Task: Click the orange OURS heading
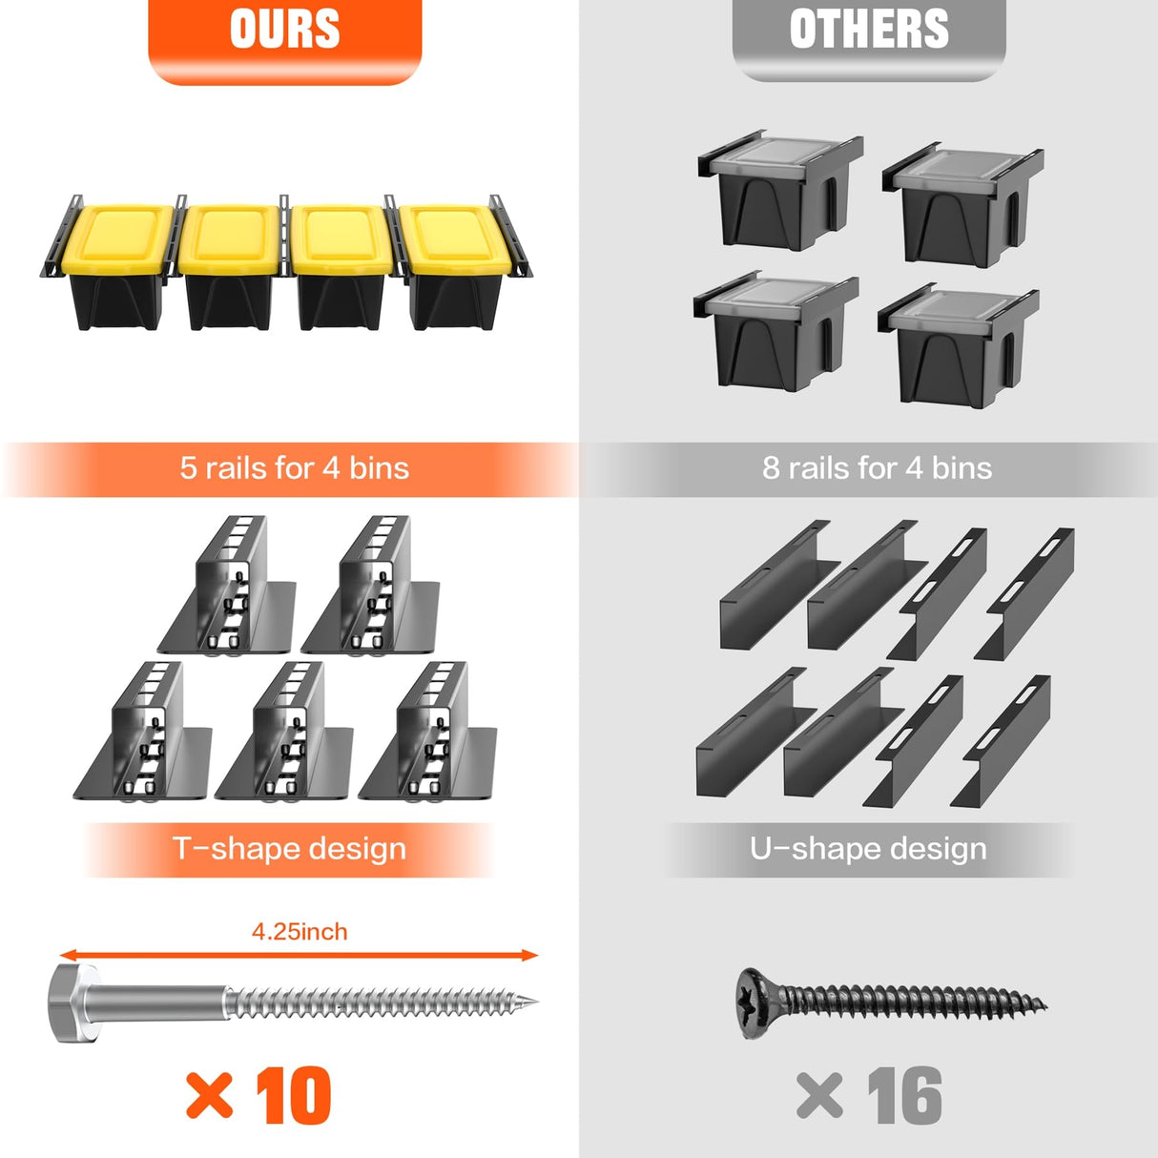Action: [x=285, y=29]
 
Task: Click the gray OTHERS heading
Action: [x=869, y=29]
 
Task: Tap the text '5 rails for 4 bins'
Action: [x=295, y=468]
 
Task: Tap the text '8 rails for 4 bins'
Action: [x=877, y=468]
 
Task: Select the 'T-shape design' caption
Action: [x=290, y=849]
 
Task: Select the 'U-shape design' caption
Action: [x=868, y=849]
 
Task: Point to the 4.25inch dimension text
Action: [x=300, y=931]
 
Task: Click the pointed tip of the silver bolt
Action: [x=537, y=1002]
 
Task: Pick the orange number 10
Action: [x=294, y=1096]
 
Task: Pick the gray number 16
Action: [x=905, y=1096]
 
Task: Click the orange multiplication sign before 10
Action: [x=209, y=1096]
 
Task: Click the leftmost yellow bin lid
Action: [x=117, y=239]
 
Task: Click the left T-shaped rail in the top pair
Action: [x=228, y=586]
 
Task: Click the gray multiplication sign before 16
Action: [x=819, y=1096]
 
